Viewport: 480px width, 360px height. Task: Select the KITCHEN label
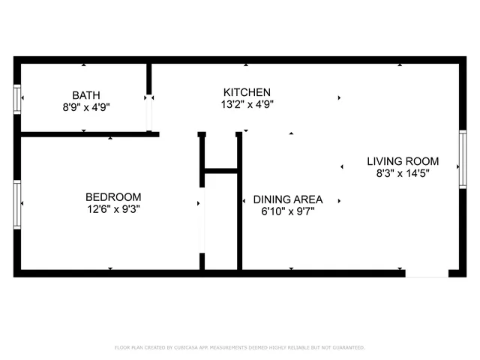click(x=247, y=91)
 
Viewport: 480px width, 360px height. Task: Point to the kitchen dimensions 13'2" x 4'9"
click(x=247, y=104)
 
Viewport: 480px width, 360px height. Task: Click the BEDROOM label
click(x=113, y=197)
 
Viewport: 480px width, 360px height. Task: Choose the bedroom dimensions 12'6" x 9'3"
click(x=113, y=210)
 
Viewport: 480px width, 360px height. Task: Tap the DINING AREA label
click(x=288, y=199)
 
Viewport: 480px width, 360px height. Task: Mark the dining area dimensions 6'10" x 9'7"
click(x=288, y=211)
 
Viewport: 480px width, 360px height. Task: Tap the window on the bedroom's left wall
click(x=17, y=203)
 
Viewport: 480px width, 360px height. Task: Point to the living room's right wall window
click(x=463, y=160)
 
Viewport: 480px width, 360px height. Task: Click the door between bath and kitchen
click(x=149, y=112)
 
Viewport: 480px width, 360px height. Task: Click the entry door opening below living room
click(x=427, y=273)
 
